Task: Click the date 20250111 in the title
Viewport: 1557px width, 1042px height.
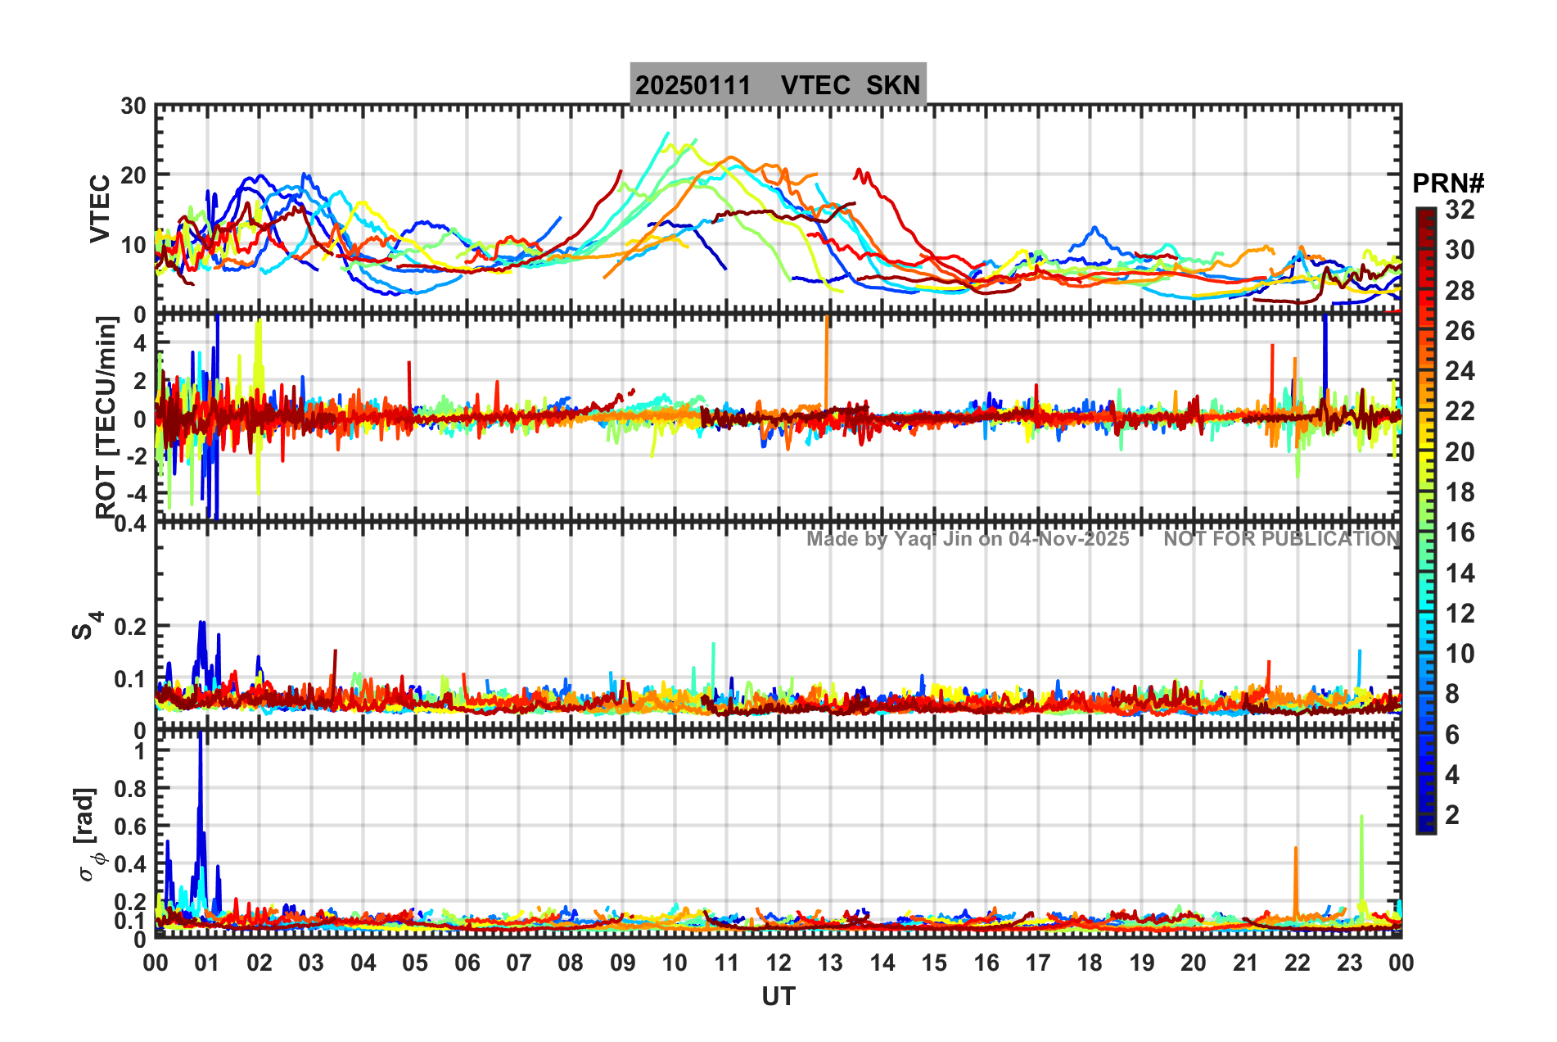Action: [693, 85]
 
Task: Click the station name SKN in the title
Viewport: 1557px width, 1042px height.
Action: [893, 85]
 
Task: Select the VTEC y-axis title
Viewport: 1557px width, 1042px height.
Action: [100, 209]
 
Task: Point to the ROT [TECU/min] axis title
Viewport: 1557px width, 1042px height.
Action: [106, 418]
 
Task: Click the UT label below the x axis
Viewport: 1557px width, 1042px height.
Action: [778, 996]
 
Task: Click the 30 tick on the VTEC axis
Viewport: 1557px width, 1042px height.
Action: [133, 106]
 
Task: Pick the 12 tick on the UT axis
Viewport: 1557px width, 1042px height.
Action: [778, 963]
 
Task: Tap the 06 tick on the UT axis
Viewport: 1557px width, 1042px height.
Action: [467, 963]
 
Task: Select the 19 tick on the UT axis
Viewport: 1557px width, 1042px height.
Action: [1141, 963]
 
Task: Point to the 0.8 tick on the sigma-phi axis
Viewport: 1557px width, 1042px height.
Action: [129, 789]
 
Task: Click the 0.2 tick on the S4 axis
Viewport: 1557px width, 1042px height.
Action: [129, 627]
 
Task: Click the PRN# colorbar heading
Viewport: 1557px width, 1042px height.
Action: [1448, 183]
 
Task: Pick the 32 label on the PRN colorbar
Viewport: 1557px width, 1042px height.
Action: [1460, 210]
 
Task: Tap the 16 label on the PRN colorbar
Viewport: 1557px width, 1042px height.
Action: [1460, 533]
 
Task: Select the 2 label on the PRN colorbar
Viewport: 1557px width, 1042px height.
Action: [1452, 815]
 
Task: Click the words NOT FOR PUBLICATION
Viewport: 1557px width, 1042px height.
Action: [1281, 539]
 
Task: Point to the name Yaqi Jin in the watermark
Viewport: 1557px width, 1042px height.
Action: [933, 539]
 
